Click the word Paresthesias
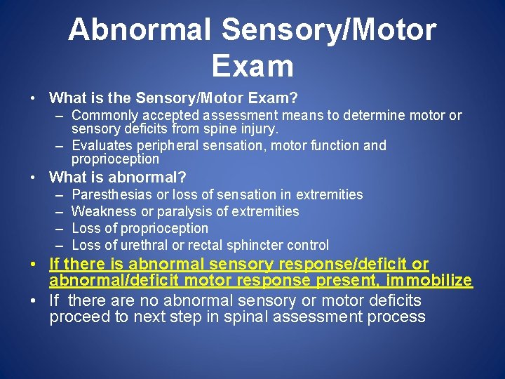112,194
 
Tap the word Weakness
103,211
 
